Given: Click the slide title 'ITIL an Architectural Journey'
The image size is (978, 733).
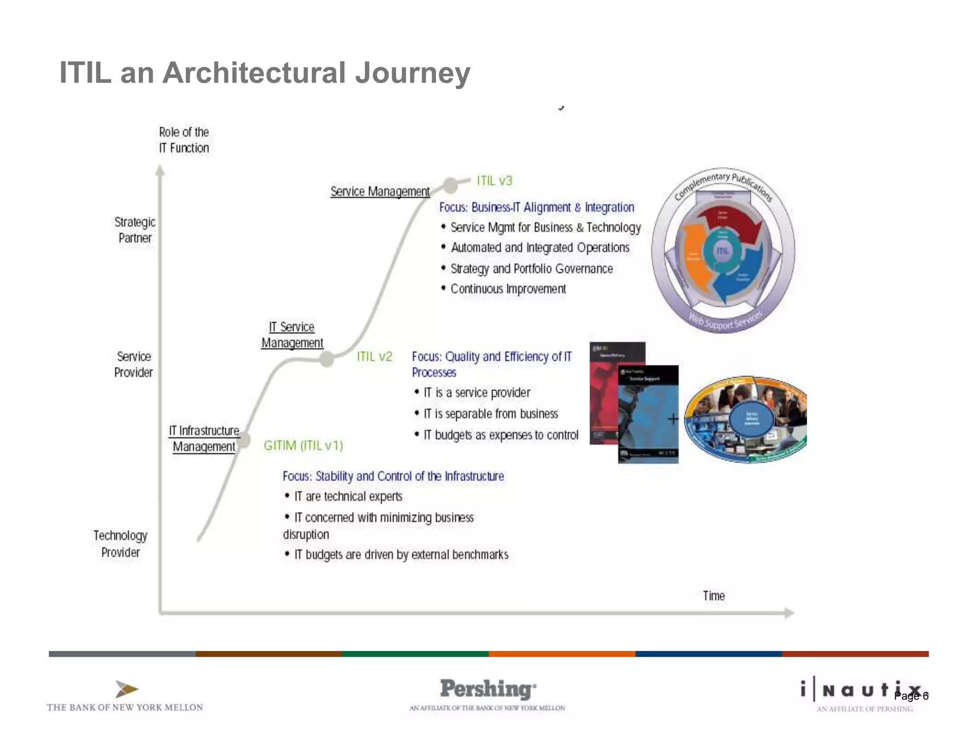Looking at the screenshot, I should coord(265,73).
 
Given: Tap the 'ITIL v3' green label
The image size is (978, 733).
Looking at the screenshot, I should coord(494,181).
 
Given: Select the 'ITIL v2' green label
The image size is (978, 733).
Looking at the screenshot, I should coord(374,356).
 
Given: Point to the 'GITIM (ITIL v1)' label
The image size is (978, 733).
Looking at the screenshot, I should coord(303,445).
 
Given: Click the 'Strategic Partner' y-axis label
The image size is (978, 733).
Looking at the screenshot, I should coord(135,230).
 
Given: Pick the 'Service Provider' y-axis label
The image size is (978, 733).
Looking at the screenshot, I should coord(134,364).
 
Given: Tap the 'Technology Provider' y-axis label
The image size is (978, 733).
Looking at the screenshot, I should coord(120,544).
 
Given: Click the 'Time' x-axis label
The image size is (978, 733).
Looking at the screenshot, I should coord(713,596).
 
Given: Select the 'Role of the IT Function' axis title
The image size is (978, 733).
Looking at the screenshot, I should coord(184,140).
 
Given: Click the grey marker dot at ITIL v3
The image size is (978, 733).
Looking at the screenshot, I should coord(450,185).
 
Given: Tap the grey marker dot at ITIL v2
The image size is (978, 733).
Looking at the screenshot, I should coord(327,359).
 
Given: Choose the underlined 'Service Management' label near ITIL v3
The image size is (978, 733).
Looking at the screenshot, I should coord(380,191).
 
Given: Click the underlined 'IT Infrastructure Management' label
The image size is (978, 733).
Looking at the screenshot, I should coord(204,439).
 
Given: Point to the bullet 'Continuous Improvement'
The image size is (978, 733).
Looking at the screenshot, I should coord(508,289).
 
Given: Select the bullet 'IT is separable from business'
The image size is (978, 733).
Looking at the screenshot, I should coord(491,414).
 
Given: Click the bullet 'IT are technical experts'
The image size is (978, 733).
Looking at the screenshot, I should coord(348,496).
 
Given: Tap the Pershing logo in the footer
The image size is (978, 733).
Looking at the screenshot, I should coord(488,690).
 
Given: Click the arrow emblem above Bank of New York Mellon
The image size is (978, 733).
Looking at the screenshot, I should coord(127,689).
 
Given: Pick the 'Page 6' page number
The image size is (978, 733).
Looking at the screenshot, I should coord(911,696).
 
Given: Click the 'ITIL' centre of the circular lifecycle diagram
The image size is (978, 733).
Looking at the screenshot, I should coord(723,251).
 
